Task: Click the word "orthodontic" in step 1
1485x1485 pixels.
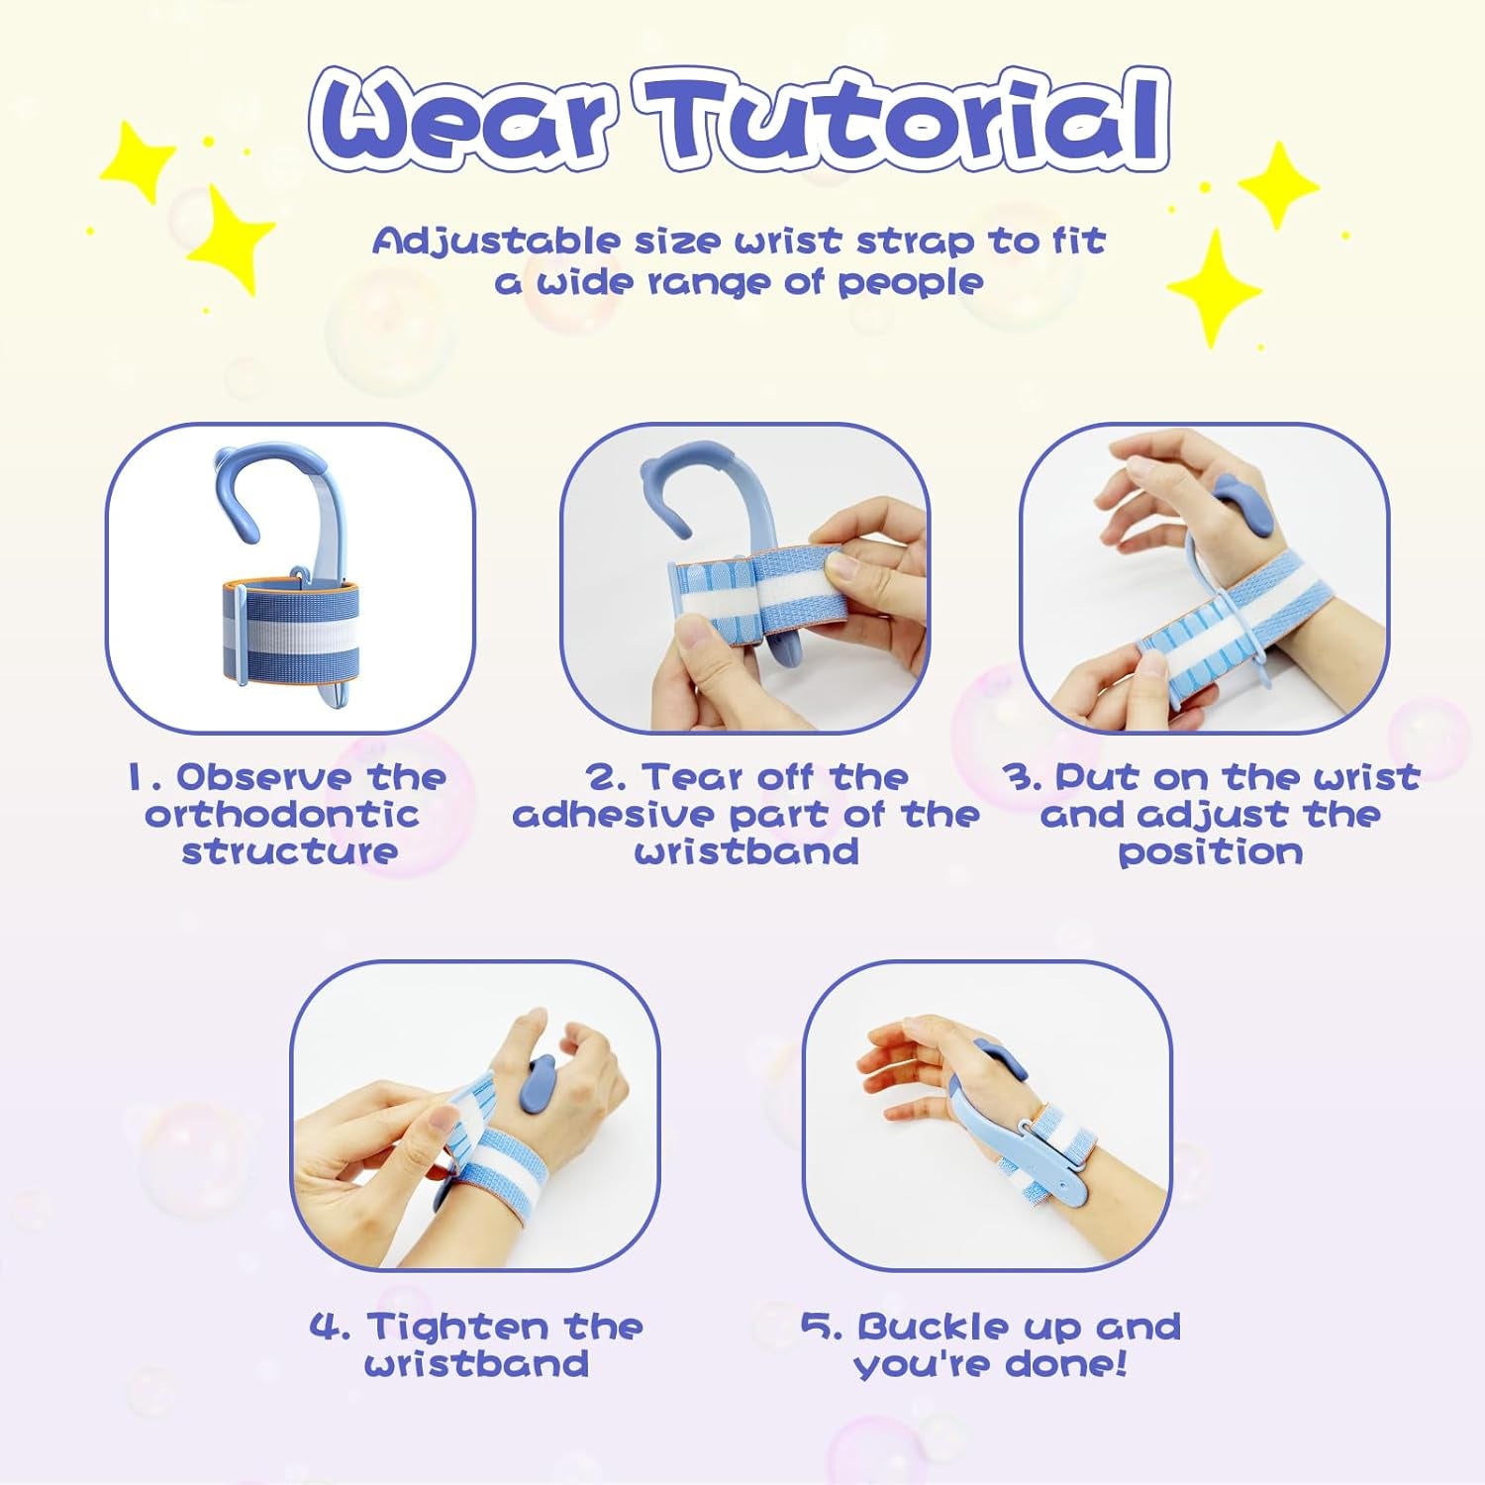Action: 281,815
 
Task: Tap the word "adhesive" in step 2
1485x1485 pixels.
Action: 614,815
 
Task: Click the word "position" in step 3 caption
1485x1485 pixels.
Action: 1210,852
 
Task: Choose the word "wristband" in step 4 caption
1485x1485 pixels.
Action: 476,1364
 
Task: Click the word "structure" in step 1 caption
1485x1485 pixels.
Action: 290,851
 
